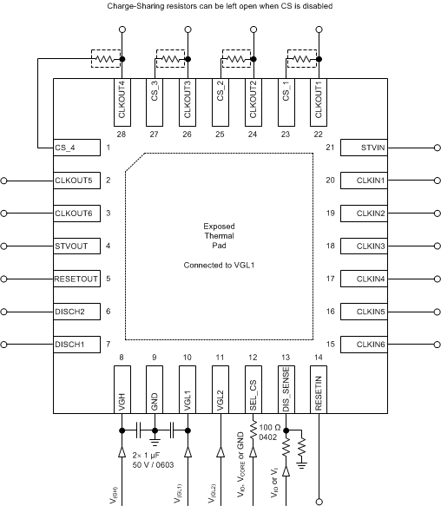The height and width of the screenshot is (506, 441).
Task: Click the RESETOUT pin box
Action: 76,279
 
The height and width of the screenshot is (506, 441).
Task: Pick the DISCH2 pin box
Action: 76,312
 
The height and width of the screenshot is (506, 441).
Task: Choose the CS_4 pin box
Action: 76,148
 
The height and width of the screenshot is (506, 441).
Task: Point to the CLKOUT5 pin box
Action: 76,181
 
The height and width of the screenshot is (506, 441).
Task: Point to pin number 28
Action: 122,135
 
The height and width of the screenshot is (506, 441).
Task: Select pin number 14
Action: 319,358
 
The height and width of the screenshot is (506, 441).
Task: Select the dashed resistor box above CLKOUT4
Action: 105,60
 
